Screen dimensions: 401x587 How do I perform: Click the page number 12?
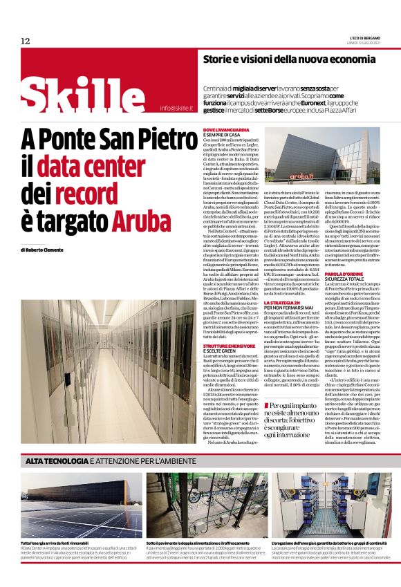[26, 41]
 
